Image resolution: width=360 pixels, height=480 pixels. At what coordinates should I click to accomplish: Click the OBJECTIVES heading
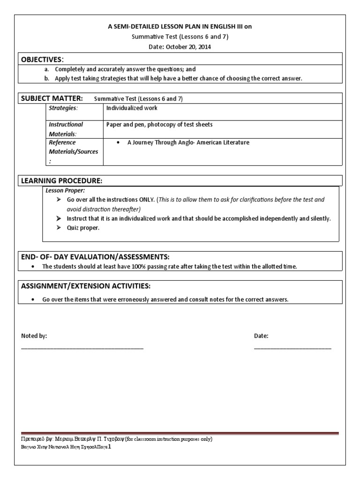pyautogui.click(x=41, y=59)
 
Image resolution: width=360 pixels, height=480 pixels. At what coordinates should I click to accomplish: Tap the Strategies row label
pyautogui.click(x=63, y=108)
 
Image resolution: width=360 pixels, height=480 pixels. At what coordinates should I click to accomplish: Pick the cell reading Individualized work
pyautogui.click(x=132, y=108)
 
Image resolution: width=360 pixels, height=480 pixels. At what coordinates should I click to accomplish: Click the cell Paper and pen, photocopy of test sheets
pyautogui.click(x=159, y=125)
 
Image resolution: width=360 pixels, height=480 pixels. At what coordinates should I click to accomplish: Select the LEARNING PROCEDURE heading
pyautogui.click(x=60, y=180)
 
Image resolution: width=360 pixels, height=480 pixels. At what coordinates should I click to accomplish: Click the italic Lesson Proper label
pyautogui.click(x=65, y=190)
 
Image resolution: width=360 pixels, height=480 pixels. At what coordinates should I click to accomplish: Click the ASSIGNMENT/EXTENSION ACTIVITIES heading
pyautogui.click(x=86, y=286)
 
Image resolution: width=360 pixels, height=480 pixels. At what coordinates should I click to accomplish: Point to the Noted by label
pyautogui.click(x=34, y=336)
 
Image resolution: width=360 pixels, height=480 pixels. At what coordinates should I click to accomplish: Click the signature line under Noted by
pyautogui.click(x=82, y=348)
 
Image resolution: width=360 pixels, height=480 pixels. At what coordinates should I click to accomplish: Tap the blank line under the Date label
pyautogui.click(x=292, y=348)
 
